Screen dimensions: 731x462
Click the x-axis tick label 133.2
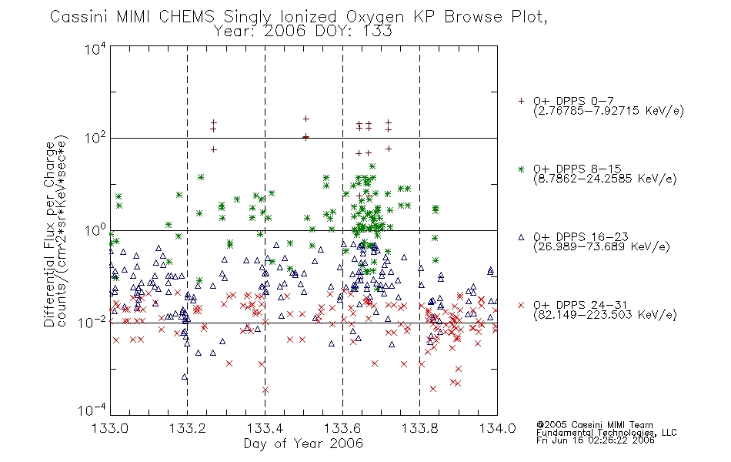tap(188, 428)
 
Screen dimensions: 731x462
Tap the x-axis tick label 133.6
tap(342, 428)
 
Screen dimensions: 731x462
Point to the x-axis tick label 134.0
tap(497, 428)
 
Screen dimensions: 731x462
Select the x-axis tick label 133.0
tap(110, 428)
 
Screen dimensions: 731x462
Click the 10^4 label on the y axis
tap(95, 49)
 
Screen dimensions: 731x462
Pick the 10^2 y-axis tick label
tap(95, 139)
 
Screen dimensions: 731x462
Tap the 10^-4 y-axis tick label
tap(92, 410)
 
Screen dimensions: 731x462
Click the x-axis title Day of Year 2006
tap(303, 444)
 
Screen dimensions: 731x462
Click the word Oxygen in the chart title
tap(375, 17)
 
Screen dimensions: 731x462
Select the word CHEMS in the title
tap(186, 17)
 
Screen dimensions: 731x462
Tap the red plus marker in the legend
tap(521, 101)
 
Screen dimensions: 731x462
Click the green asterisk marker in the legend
tap(521, 169)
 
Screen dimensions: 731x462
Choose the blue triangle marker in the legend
tap(521, 237)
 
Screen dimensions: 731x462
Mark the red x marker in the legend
tap(521, 305)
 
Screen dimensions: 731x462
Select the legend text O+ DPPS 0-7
tap(573, 100)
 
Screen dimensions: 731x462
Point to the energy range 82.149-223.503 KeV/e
tap(605, 315)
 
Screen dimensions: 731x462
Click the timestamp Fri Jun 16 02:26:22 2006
tap(596, 440)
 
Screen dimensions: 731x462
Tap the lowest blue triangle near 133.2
tap(185, 377)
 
